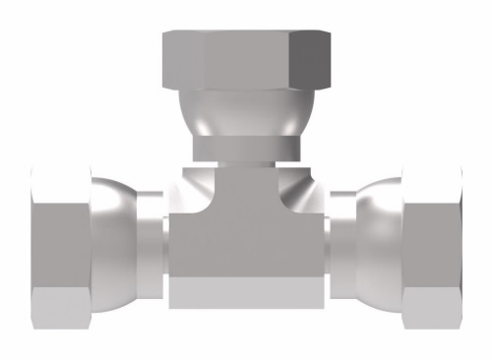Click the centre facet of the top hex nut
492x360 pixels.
pyautogui.click(x=246, y=61)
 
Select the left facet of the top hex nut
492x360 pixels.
pyautogui.click(x=182, y=61)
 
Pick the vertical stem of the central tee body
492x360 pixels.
pyautogui.click(x=245, y=182)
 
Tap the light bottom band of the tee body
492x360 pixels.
pyautogui.click(x=245, y=292)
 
